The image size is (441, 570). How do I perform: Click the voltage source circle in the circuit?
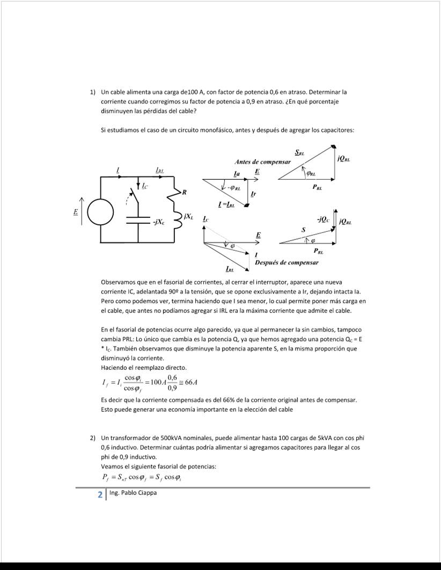[x=100, y=212]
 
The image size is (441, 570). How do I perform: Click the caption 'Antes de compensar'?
[x=262, y=162]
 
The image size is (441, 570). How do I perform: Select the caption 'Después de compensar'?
[x=286, y=262]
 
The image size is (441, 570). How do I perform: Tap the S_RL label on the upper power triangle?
[x=299, y=153]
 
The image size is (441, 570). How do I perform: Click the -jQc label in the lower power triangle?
[x=323, y=219]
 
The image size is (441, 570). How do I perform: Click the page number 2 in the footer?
[x=100, y=495]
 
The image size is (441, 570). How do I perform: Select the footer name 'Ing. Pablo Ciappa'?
[x=133, y=493]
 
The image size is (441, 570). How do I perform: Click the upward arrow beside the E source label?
[x=82, y=210]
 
